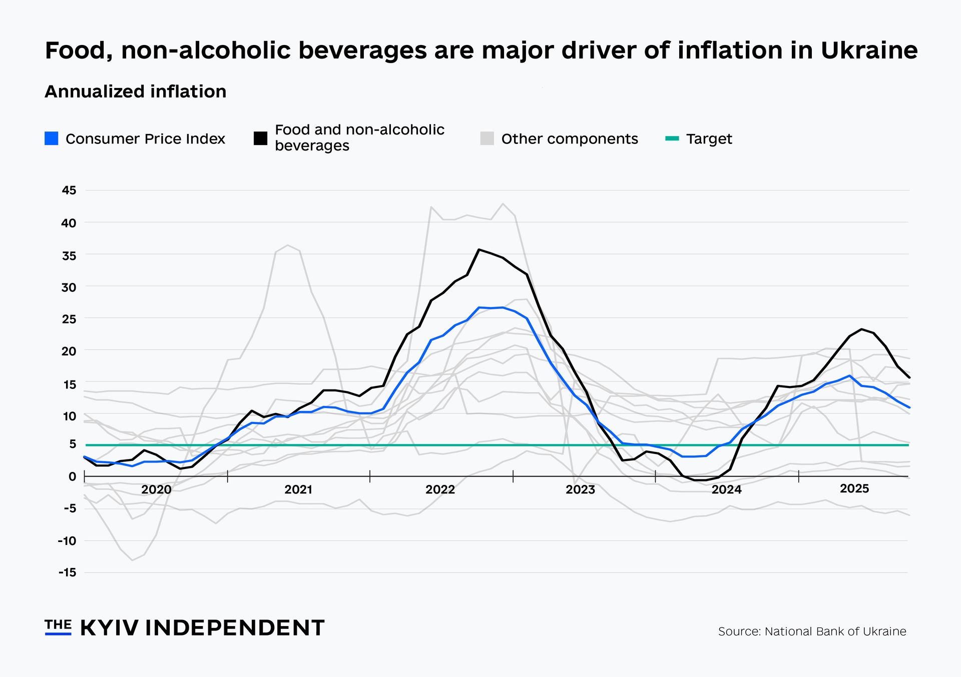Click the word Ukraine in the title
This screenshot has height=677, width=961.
point(869,50)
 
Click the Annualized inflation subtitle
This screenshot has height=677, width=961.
point(135,91)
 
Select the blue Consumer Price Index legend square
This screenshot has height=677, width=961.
point(52,138)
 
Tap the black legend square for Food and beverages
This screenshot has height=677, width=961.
point(260,138)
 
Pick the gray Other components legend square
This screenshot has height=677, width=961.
point(487,138)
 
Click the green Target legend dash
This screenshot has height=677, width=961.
point(672,138)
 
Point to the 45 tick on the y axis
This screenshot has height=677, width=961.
point(69,190)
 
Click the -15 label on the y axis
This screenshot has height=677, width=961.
point(68,572)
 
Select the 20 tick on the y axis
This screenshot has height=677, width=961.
point(69,351)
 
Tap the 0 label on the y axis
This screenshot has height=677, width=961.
point(73,476)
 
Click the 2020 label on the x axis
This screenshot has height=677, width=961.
point(156,489)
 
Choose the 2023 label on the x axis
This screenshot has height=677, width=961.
point(581,489)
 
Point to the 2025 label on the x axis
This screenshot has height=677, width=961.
point(854,488)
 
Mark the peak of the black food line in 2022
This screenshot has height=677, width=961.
point(479,249)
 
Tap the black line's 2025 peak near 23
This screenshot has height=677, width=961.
point(861,329)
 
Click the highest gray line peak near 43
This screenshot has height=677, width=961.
point(503,203)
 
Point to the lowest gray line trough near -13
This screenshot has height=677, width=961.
point(132,560)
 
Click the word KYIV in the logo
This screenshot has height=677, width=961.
point(109,628)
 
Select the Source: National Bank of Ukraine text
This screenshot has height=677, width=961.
point(812,631)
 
